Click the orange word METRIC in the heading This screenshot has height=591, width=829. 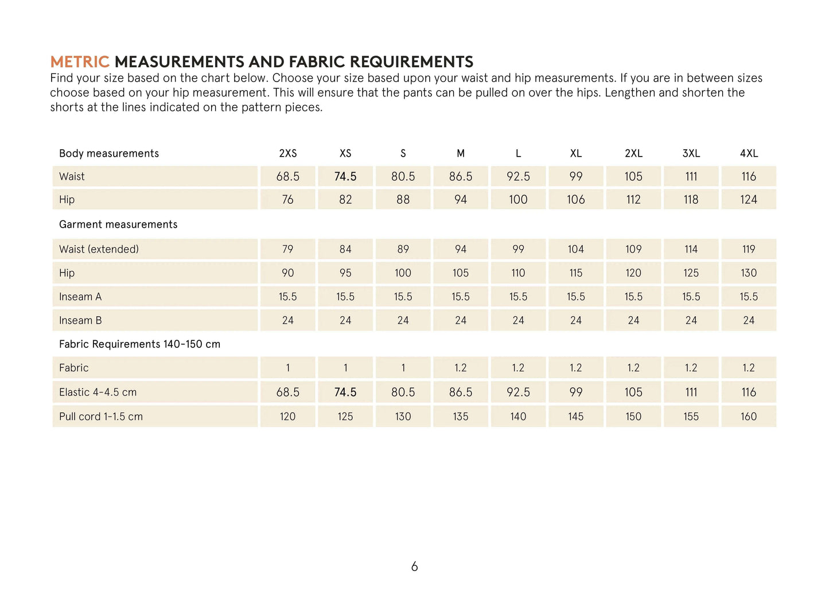click(x=80, y=62)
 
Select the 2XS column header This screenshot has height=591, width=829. click(x=288, y=154)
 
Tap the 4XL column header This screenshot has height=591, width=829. click(x=749, y=154)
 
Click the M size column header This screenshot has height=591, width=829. click(x=461, y=154)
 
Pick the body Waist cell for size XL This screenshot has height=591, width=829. click(x=576, y=177)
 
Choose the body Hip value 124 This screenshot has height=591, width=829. click(x=749, y=200)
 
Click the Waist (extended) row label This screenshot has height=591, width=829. click(x=99, y=250)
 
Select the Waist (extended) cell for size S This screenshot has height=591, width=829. click(x=403, y=250)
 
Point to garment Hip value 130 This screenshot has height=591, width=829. click(x=749, y=273)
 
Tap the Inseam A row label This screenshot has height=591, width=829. click(x=80, y=297)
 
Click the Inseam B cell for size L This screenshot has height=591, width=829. click(x=518, y=321)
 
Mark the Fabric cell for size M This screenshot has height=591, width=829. click(x=461, y=368)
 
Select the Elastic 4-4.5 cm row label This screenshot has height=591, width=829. click(x=98, y=392)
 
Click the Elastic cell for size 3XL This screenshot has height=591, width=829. click(x=691, y=392)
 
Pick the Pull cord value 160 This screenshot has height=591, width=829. click(x=749, y=417)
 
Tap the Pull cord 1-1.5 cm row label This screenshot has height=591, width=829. click(x=101, y=417)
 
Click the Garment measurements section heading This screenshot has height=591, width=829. click(x=118, y=225)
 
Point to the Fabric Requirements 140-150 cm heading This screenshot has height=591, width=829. click(x=139, y=344)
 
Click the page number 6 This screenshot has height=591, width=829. click(x=414, y=567)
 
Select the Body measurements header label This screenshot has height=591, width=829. click(x=109, y=154)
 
